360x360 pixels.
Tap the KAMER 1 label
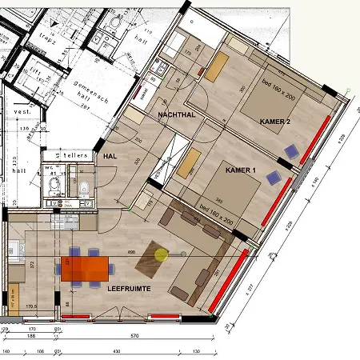tap(240, 171)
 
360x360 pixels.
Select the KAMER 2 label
tap(274, 121)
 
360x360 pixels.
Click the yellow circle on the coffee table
tap(162, 255)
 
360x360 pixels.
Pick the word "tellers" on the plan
tap(77, 154)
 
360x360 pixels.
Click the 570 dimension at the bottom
tap(134, 336)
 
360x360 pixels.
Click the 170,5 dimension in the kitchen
tap(32, 306)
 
